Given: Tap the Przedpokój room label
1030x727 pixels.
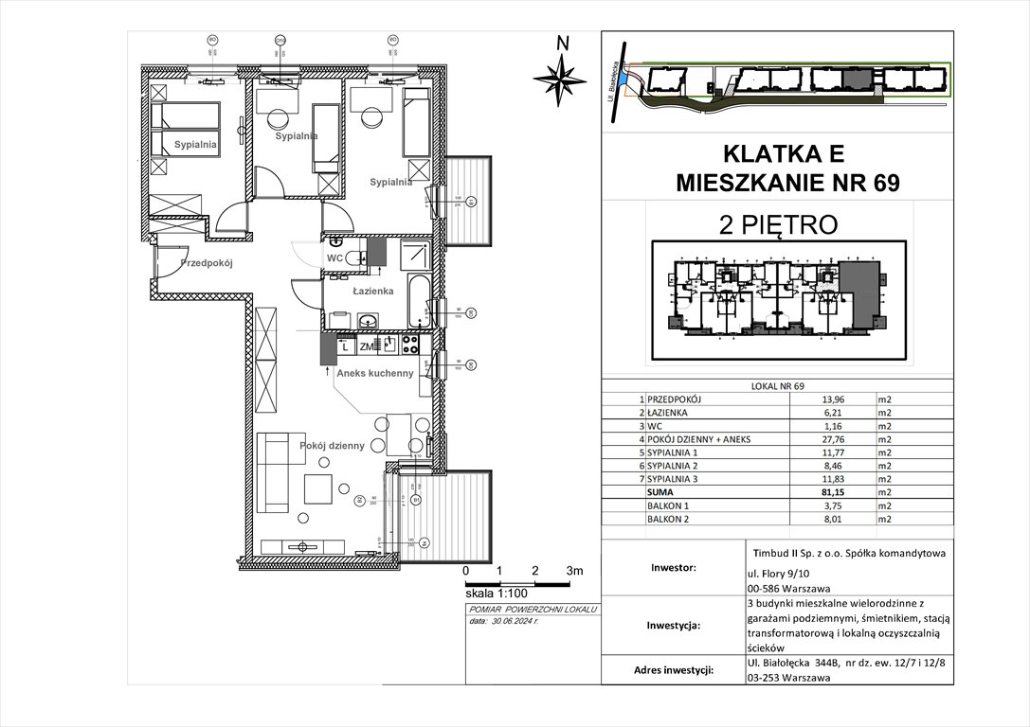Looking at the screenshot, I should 207,264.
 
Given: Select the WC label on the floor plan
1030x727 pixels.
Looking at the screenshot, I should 334,257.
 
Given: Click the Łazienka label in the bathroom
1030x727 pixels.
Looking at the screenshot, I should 372,292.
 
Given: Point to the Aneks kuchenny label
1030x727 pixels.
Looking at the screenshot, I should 376,373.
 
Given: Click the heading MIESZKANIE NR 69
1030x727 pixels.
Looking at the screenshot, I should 777,184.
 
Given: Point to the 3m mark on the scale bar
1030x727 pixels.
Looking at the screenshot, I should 574,572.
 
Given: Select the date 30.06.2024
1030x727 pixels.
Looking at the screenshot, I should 518,623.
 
